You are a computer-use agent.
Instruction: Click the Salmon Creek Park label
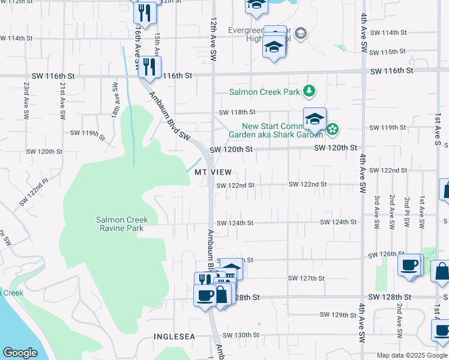point(264,92)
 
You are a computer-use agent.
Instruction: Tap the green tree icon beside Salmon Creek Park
point(309,91)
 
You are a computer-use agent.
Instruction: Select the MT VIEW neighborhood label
point(213,172)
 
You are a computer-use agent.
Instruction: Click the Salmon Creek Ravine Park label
point(122,224)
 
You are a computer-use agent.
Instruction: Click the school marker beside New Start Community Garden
point(314,119)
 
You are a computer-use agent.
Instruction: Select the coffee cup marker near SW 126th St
point(411,265)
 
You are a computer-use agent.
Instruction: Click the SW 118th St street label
point(237,112)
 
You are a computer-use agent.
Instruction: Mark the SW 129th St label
point(338,314)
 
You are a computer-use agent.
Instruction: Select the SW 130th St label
point(241,335)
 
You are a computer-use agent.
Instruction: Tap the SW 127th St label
point(306,278)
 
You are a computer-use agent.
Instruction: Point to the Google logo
point(20,353)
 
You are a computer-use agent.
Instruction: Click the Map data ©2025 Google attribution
point(412,355)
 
